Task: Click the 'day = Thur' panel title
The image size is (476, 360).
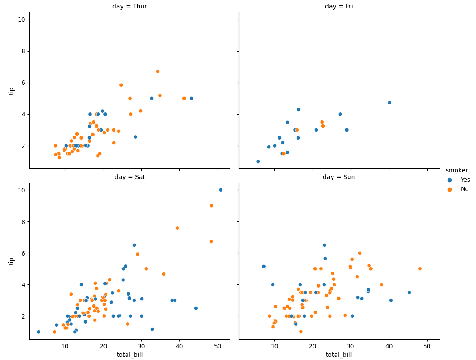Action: (x=130, y=7)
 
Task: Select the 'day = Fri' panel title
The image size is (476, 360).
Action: (x=339, y=7)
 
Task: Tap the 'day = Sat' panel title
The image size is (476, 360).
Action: (x=130, y=177)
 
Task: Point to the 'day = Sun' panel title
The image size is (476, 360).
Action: (x=339, y=177)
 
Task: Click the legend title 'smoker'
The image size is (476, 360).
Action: (x=456, y=171)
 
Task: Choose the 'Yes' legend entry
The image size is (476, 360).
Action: (x=465, y=180)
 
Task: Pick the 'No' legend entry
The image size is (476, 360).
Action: (x=464, y=189)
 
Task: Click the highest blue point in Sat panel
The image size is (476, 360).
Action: (x=221, y=190)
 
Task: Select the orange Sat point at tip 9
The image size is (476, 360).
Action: (x=211, y=206)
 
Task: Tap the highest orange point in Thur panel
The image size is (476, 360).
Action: (x=158, y=72)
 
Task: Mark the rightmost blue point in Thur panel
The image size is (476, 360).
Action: (x=191, y=99)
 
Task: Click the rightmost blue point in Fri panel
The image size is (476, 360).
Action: (x=389, y=103)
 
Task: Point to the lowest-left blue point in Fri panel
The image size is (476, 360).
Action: (x=258, y=162)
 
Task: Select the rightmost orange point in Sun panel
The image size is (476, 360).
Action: (x=420, y=269)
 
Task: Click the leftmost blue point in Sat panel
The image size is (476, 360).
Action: (x=39, y=332)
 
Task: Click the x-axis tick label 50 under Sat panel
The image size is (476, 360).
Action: (x=218, y=346)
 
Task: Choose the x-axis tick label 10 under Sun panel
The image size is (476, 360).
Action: (x=274, y=346)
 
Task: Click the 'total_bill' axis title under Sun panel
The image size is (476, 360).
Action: (x=339, y=355)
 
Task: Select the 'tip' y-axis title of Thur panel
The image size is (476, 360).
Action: (x=12, y=91)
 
